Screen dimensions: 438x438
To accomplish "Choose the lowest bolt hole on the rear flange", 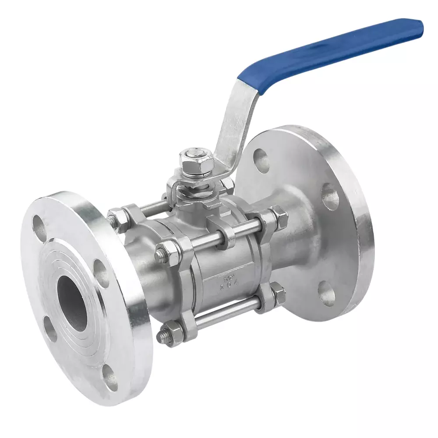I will click(x=327, y=293).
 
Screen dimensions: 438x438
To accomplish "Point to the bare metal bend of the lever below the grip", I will click(x=237, y=118).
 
